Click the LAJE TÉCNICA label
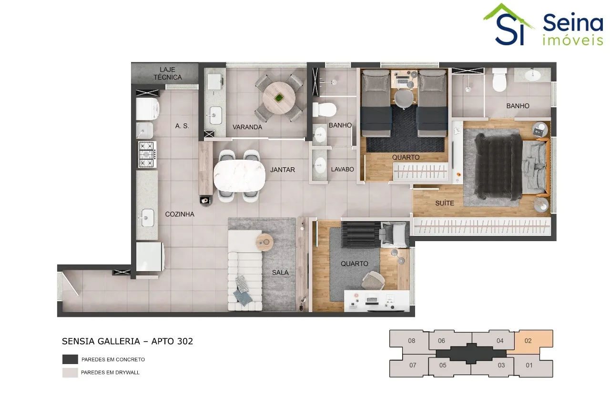[167, 73]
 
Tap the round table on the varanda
[279, 98]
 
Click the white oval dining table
[239, 176]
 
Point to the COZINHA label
[180, 214]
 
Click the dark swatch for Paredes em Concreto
[70, 359]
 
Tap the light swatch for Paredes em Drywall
[70, 373]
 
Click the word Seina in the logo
[573, 24]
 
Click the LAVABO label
[342, 169]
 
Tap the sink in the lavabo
[319, 165]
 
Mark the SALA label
[280, 273]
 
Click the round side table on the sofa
[264, 242]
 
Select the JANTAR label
[283, 170]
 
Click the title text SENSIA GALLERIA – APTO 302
[127, 341]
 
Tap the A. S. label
[182, 126]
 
